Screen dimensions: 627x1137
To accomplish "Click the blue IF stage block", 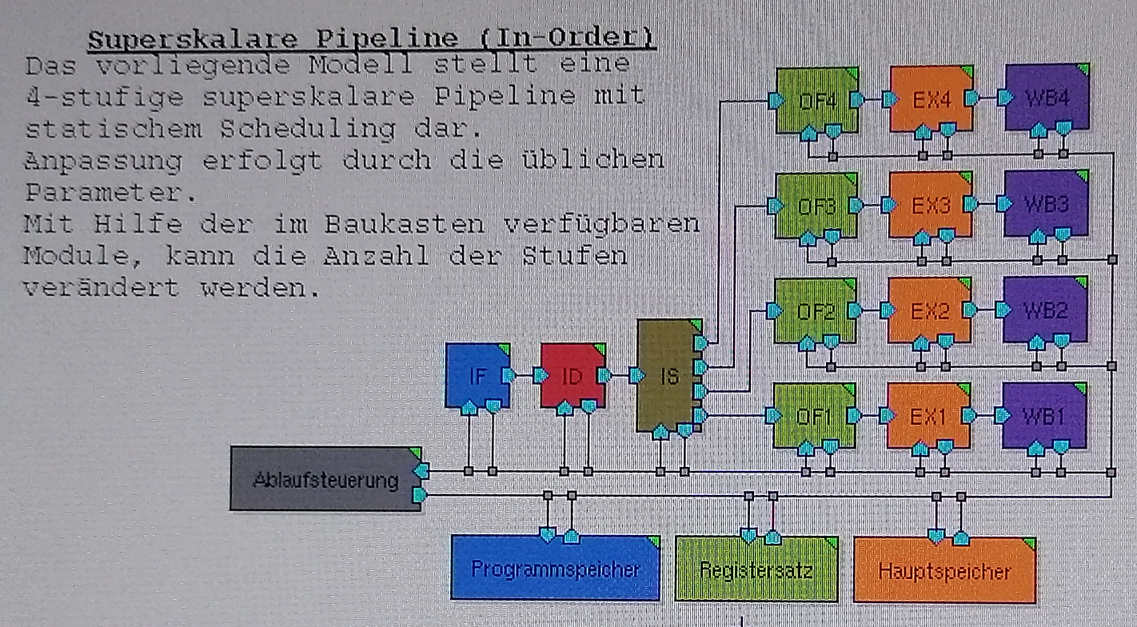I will (x=477, y=375).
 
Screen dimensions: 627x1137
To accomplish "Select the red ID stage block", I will (x=572, y=375).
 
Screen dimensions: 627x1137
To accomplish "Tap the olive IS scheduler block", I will (x=668, y=375).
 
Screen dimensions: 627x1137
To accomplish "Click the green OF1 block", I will (x=814, y=416).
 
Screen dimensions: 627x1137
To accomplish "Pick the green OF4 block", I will (x=816, y=100).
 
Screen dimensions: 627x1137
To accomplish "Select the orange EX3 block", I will (x=930, y=205).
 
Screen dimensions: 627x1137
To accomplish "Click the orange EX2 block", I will (x=929, y=310).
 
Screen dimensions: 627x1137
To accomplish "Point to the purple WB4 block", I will (x=1046, y=100).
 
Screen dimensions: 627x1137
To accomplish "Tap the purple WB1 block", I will (x=1043, y=416).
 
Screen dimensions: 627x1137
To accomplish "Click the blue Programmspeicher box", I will (x=555, y=569).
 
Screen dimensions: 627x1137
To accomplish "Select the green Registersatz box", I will (x=756, y=569).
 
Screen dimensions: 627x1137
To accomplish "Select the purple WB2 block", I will (x=1044, y=310).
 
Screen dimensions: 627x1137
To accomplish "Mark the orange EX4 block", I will (x=931, y=100).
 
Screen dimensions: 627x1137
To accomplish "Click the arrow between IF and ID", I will (x=525, y=375).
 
